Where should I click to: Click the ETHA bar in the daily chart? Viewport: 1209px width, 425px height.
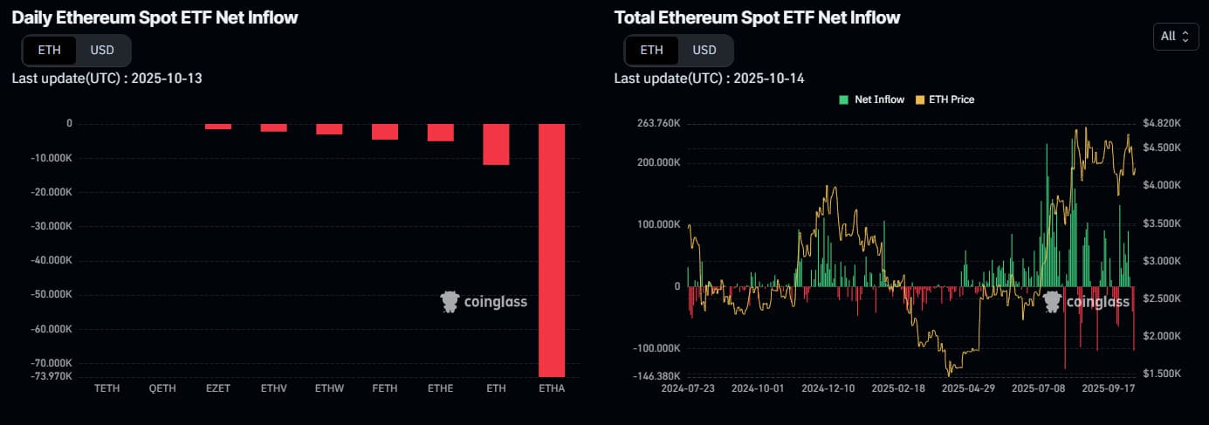(552, 250)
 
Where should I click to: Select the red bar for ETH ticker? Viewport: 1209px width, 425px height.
(496, 144)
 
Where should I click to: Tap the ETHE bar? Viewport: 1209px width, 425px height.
(440, 132)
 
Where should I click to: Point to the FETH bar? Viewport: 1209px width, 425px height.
(385, 131)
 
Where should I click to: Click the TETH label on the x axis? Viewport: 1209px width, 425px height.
(106, 387)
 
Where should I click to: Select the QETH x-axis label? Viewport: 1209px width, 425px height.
(162, 387)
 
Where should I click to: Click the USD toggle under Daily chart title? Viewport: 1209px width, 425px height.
(102, 50)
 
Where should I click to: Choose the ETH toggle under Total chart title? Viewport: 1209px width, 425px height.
(651, 50)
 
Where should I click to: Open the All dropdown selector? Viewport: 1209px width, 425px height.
(1174, 36)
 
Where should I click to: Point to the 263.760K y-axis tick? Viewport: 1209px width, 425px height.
(655, 124)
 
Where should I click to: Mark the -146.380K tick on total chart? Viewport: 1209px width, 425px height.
(653, 376)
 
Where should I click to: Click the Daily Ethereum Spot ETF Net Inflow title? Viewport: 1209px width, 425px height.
(155, 17)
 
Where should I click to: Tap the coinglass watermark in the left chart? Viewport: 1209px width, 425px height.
(484, 302)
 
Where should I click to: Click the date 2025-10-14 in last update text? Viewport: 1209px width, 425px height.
(769, 79)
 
